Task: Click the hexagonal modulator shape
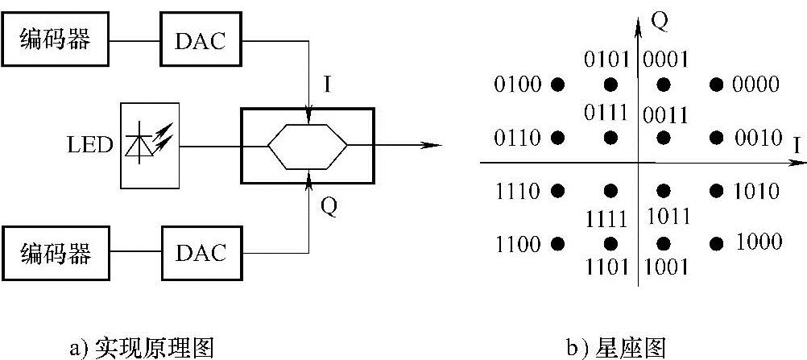click(306, 146)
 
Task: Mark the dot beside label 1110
click(556, 191)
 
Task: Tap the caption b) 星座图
click(617, 347)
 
